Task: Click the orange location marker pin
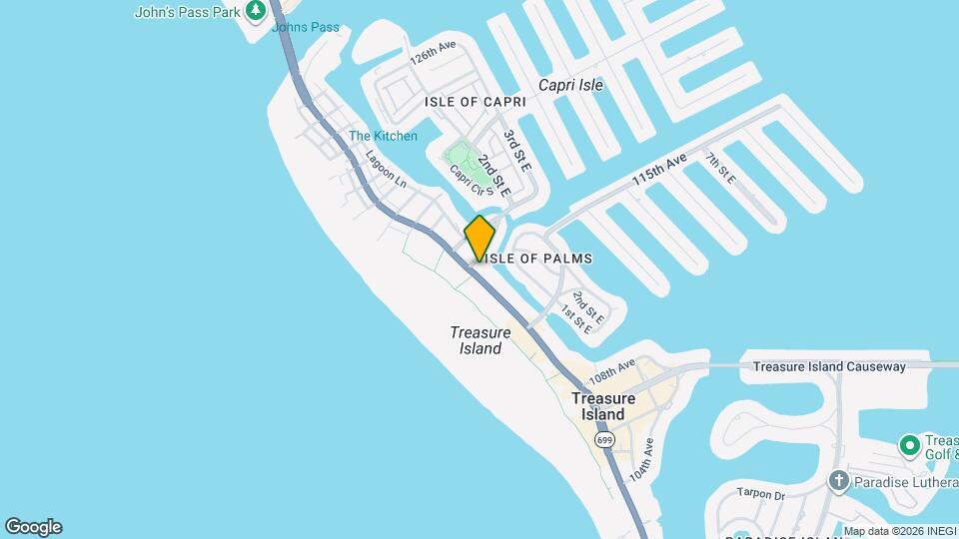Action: tap(479, 239)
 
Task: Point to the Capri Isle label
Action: tap(570, 85)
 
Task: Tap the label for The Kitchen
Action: tap(383, 136)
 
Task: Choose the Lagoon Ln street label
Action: tap(387, 169)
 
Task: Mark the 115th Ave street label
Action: tap(660, 170)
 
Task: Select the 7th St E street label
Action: tap(719, 168)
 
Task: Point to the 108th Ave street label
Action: tap(612, 373)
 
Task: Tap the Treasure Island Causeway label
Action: tap(829, 366)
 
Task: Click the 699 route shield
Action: tap(603, 439)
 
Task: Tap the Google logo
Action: tap(33, 527)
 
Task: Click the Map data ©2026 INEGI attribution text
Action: tap(898, 531)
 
